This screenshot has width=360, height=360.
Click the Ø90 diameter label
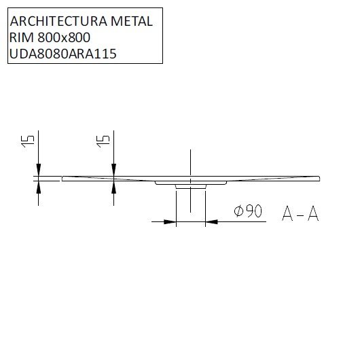tap(248, 212)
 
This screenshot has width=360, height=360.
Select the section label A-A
tap(300, 214)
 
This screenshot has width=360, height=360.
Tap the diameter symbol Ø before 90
tap(238, 212)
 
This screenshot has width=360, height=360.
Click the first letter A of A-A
tap(287, 214)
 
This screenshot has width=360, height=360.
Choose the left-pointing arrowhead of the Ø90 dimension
tap(211, 221)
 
